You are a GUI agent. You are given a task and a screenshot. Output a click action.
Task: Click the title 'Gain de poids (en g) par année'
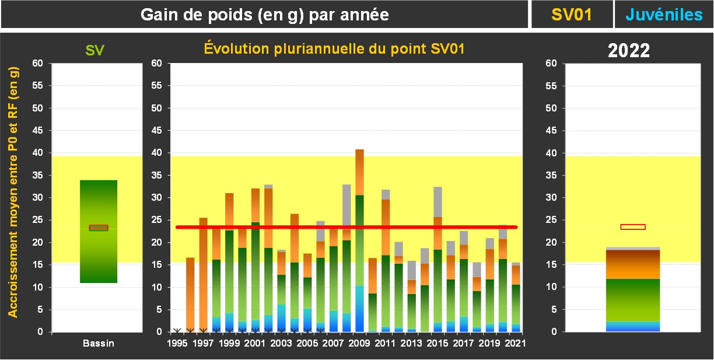tap(265, 15)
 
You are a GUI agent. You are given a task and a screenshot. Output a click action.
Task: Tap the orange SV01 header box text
tap(572, 15)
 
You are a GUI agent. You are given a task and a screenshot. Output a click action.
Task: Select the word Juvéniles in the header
tap(664, 15)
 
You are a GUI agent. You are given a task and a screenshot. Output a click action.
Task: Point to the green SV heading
tap(95, 50)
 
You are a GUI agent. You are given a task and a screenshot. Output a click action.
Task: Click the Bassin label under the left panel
tap(98, 344)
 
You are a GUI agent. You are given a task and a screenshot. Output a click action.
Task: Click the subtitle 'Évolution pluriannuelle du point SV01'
tap(334, 49)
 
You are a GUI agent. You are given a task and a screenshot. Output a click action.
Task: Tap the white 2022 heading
tap(629, 51)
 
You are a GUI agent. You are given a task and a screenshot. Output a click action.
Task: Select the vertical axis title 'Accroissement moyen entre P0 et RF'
tap(13, 191)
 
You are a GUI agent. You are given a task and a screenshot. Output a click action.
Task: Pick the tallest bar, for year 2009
tap(359, 245)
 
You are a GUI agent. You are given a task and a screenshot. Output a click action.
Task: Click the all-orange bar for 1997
tap(203, 274)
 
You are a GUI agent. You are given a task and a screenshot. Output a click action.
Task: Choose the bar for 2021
tap(516, 298)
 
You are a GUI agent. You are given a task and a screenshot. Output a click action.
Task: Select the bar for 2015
tap(437, 263)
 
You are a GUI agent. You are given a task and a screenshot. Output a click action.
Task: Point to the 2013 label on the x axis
tap(411, 343)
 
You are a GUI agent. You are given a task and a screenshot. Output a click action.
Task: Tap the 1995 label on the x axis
tap(177, 343)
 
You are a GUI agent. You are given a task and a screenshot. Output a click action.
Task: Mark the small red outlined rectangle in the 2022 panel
tap(633, 227)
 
